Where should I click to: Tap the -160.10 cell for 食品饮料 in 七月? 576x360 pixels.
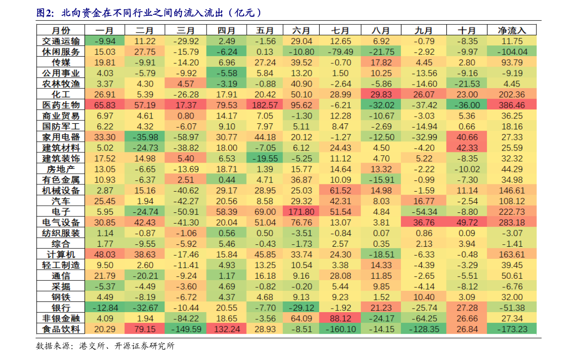click(341, 329)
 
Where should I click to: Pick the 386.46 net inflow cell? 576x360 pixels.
click(512, 105)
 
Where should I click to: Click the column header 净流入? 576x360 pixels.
click(512, 30)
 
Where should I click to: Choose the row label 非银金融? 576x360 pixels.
click(61, 318)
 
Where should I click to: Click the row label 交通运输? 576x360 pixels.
click(61, 41)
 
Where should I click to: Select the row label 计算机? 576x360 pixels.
click(61, 255)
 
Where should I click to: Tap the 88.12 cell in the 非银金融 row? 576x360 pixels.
click(341, 318)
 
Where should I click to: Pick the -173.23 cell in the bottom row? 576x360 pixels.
click(512, 329)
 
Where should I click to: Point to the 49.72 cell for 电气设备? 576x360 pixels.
click(467, 223)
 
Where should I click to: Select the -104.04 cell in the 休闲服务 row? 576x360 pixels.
click(512, 52)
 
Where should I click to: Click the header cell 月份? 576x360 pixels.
click(61, 30)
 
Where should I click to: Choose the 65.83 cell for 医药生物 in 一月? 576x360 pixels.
click(105, 105)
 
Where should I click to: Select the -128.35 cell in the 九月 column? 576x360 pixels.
click(424, 329)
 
